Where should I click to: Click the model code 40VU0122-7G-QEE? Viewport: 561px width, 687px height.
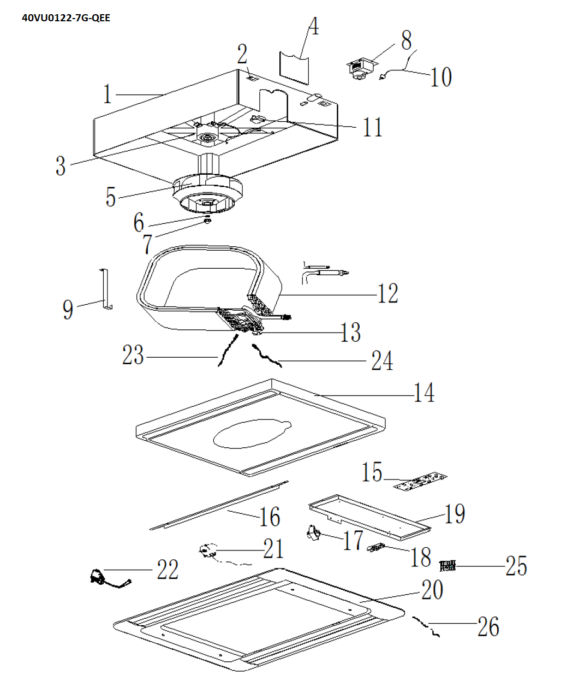tap(66, 17)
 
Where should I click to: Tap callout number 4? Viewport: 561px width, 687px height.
tap(314, 26)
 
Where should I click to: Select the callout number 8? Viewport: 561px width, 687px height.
tap(406, 40)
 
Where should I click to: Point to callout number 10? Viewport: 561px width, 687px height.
tap(441, 77)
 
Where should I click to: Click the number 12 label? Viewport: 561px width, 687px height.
tap(388, 293)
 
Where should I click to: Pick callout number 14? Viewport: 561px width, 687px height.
tap(424, 393)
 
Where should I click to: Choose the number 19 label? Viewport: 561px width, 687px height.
tap(455, 514)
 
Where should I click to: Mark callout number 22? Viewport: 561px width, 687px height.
tap(168, 569)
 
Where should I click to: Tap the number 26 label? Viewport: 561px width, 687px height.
tap(488, 626)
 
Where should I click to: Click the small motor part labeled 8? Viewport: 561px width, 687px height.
tap(360, 68)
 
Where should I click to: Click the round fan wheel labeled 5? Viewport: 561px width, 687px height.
tap(208, 194)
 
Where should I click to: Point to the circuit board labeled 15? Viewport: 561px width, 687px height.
tap(420, 482)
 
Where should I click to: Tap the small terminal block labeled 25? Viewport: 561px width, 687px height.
tap(447, 566)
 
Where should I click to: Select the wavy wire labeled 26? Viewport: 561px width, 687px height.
tap(426, 626)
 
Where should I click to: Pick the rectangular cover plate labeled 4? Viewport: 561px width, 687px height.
tap(294, 67)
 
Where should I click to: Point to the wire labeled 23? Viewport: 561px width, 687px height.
tap(228, 350)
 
